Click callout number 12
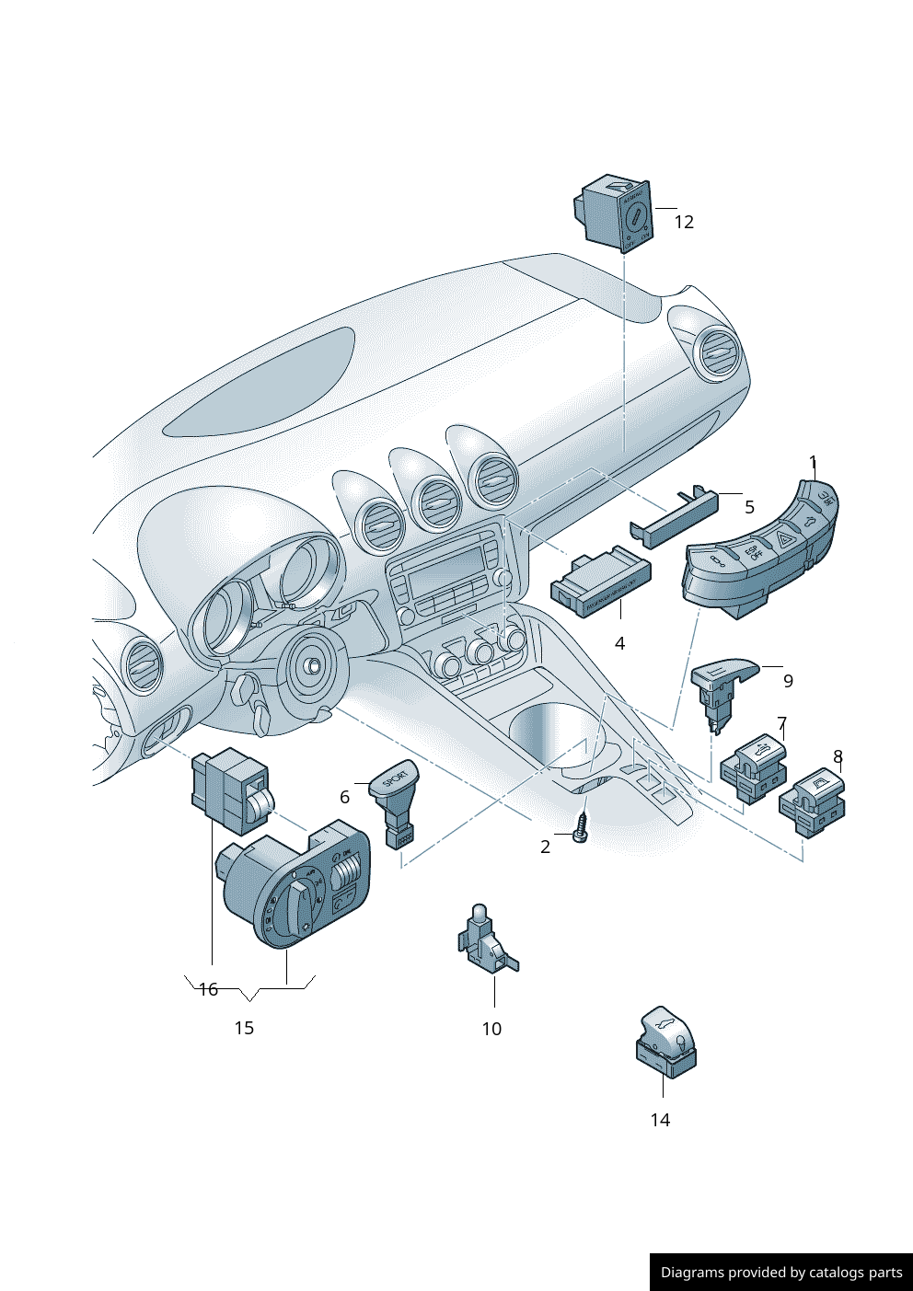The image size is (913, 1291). pyautogui.click(x=683, y=222)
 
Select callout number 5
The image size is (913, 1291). pyautogui.click(x=749, y=507)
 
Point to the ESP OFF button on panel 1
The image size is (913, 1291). pyautogui.click(x=752, y=553)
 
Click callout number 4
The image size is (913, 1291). pyautogui.click(x=619, y=643)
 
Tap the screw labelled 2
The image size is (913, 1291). pyautogui.click(x=581, y=826)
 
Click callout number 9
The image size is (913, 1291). pyautogui.click(x=788, y=681)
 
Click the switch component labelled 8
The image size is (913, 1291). pyautogui.click(x=813, y=800)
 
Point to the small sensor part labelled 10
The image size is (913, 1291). pyautogui.click(x=485, y=940)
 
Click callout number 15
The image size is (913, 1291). pyautogui.click(x=244, y=1028)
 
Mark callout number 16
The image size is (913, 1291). pyautogui.click(x=208, y=989)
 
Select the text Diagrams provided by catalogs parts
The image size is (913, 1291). pyautogui.click(x=781, y=1273)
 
